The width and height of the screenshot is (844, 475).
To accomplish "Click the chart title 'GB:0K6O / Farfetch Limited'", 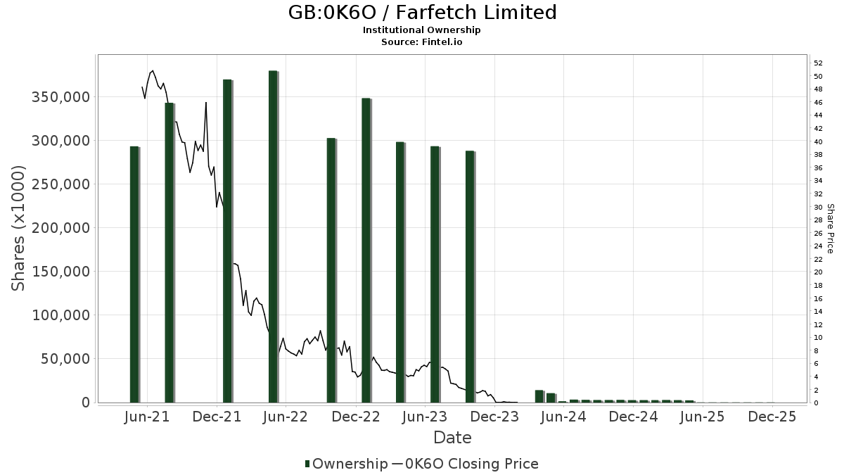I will point(422,13).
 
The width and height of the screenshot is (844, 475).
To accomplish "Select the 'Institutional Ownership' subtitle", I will point(422,30).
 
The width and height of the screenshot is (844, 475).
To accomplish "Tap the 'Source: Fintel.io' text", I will point(422,42).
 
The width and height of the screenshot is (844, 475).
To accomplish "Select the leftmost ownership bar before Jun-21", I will point(134,274).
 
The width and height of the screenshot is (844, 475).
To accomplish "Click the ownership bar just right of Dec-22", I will point(366,250).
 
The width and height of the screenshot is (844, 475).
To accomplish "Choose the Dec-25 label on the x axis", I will point(772,417).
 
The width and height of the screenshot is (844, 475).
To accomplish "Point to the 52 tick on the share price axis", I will point(818,63).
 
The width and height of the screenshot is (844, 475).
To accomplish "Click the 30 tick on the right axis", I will point(818,207).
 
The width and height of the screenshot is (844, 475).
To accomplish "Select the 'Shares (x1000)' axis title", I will point(18,228).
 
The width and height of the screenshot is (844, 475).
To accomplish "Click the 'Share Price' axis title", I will point(831,228).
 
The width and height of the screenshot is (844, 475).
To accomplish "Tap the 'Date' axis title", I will point(452,438).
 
